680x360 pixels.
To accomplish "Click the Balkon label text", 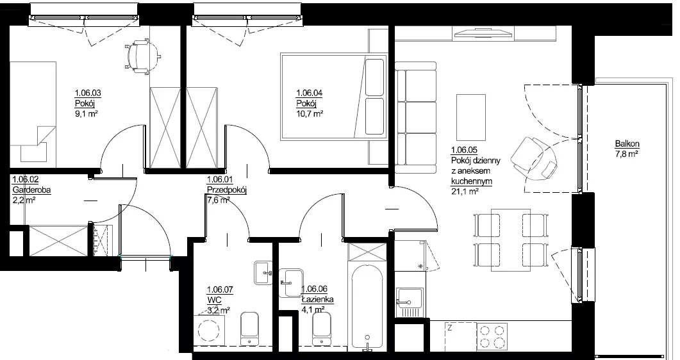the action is pos(627,144).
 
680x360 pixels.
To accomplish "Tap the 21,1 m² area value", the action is pos(465,191).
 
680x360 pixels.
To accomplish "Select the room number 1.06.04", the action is pos(310,93).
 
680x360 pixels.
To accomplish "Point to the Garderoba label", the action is pos(31,190).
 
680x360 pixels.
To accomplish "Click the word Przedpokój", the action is pos(227,190).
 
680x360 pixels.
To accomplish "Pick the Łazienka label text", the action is pos(317,299).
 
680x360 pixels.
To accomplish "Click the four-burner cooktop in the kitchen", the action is pos(492,336).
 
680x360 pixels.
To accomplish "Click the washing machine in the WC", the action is pos(208,330).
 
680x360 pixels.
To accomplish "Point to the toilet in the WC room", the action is pos(249,329).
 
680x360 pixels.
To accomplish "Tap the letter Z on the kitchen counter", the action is pos(450,329).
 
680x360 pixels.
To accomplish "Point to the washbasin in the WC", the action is pos(263,273).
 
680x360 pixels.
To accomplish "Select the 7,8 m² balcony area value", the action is pos(626,154).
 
